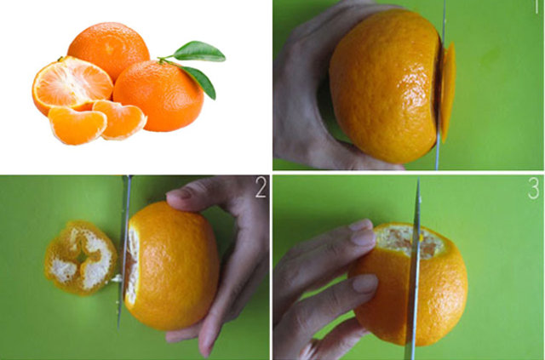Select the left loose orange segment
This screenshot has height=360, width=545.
[77, 125]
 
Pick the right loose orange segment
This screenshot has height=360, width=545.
[121, 119]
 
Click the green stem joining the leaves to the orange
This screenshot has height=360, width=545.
[167, 60]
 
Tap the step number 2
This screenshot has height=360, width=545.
[261, 187]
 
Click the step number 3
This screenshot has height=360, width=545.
[534, 189]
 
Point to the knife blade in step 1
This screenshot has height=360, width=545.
[440, 85]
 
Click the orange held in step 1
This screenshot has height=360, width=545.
[384, 87]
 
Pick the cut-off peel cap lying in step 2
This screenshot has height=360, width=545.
[81, 258]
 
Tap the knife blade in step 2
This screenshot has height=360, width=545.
[123, 252]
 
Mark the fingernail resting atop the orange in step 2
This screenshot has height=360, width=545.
[179, 193]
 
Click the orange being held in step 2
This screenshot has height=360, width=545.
[172, 266]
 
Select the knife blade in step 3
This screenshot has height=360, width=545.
[414, 269]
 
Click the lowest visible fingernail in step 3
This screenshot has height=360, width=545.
[365, 283]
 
